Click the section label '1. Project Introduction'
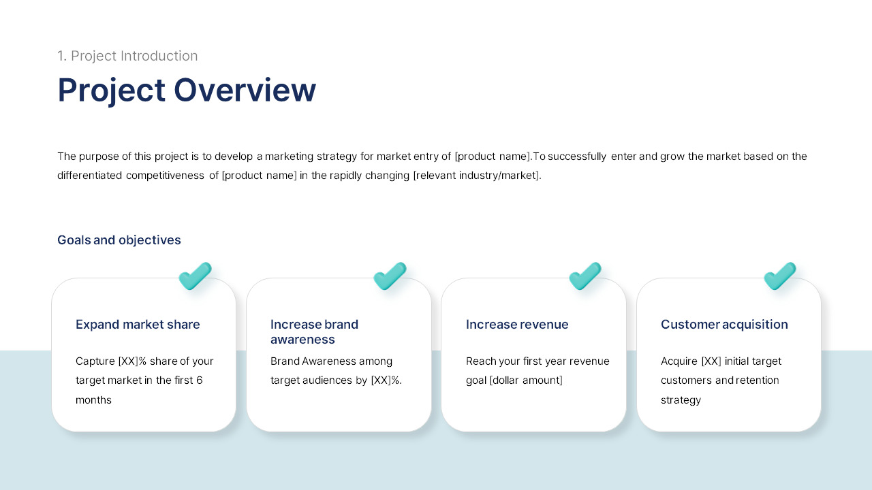(127, 56)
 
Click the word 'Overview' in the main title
(245, 90)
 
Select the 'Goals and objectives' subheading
(119, 240)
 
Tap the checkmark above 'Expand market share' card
(195, 276)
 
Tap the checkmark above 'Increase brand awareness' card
(390, 276)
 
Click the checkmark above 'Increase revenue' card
(585, 276)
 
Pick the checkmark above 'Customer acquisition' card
(780, 276)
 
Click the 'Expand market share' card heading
(138, 325)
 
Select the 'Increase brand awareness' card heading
(314, 331)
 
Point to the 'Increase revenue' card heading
(517, 325)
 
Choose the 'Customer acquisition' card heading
(724, 325)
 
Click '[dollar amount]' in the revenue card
(526, 380)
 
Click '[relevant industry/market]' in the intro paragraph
(477, 176)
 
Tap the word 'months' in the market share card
(93, 400)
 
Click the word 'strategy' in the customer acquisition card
(681, 400)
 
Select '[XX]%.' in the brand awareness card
(386, 380)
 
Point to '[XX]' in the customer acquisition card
(711, 361)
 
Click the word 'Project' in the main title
(111, 90)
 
